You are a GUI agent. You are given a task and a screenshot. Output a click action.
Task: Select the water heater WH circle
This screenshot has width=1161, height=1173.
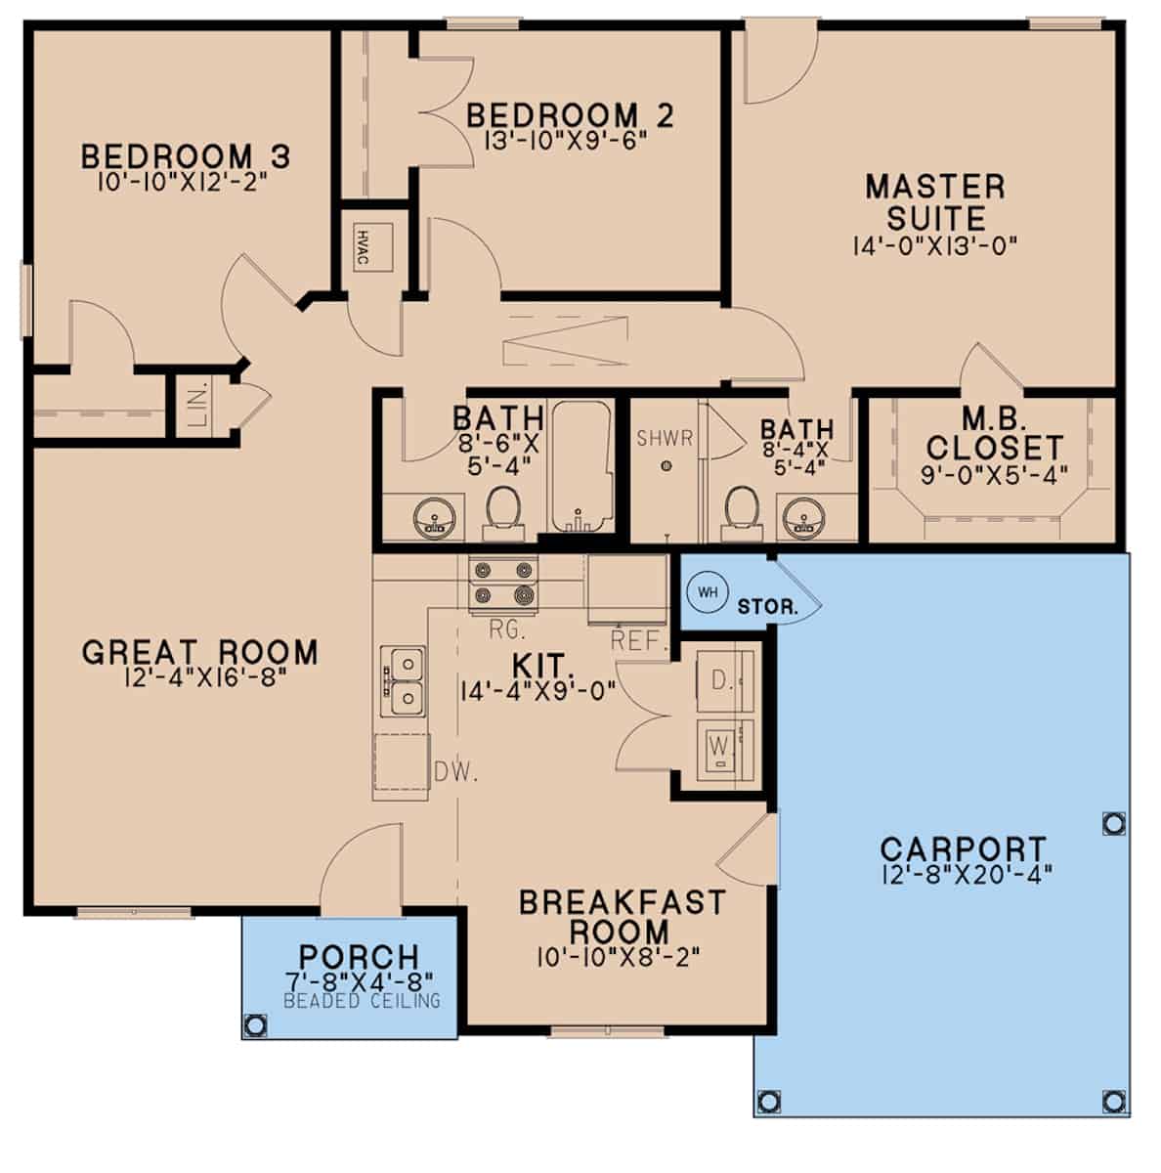(707, 592)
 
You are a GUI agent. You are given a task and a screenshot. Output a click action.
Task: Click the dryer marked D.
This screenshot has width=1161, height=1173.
(724, 681)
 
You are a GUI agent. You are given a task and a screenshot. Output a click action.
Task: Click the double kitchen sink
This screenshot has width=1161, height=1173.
(404, 681)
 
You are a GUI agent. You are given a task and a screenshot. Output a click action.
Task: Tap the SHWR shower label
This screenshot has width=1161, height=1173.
(665, 438)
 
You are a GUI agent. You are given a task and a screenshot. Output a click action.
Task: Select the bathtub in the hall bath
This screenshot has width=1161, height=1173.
(580, 467)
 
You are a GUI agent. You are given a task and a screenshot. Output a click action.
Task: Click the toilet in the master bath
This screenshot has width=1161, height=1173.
(743, 510)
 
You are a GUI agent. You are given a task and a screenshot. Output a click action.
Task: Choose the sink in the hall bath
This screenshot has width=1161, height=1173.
(433, 515)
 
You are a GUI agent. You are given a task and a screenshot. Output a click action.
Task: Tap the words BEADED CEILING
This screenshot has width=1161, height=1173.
(363, 1001)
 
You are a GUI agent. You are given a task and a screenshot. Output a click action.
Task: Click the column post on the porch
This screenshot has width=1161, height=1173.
(256, 1024)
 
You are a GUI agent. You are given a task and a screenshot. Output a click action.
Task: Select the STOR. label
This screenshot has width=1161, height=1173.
(768, 606)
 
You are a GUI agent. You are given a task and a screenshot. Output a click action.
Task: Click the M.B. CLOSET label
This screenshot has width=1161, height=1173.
(994, 434)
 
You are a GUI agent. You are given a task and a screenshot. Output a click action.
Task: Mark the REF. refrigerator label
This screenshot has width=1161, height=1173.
(638, 641)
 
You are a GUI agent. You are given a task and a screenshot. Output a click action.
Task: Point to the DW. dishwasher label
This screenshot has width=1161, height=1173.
(454, 774)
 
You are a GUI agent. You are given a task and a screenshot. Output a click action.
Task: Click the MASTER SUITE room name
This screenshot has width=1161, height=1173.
(935, 201)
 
